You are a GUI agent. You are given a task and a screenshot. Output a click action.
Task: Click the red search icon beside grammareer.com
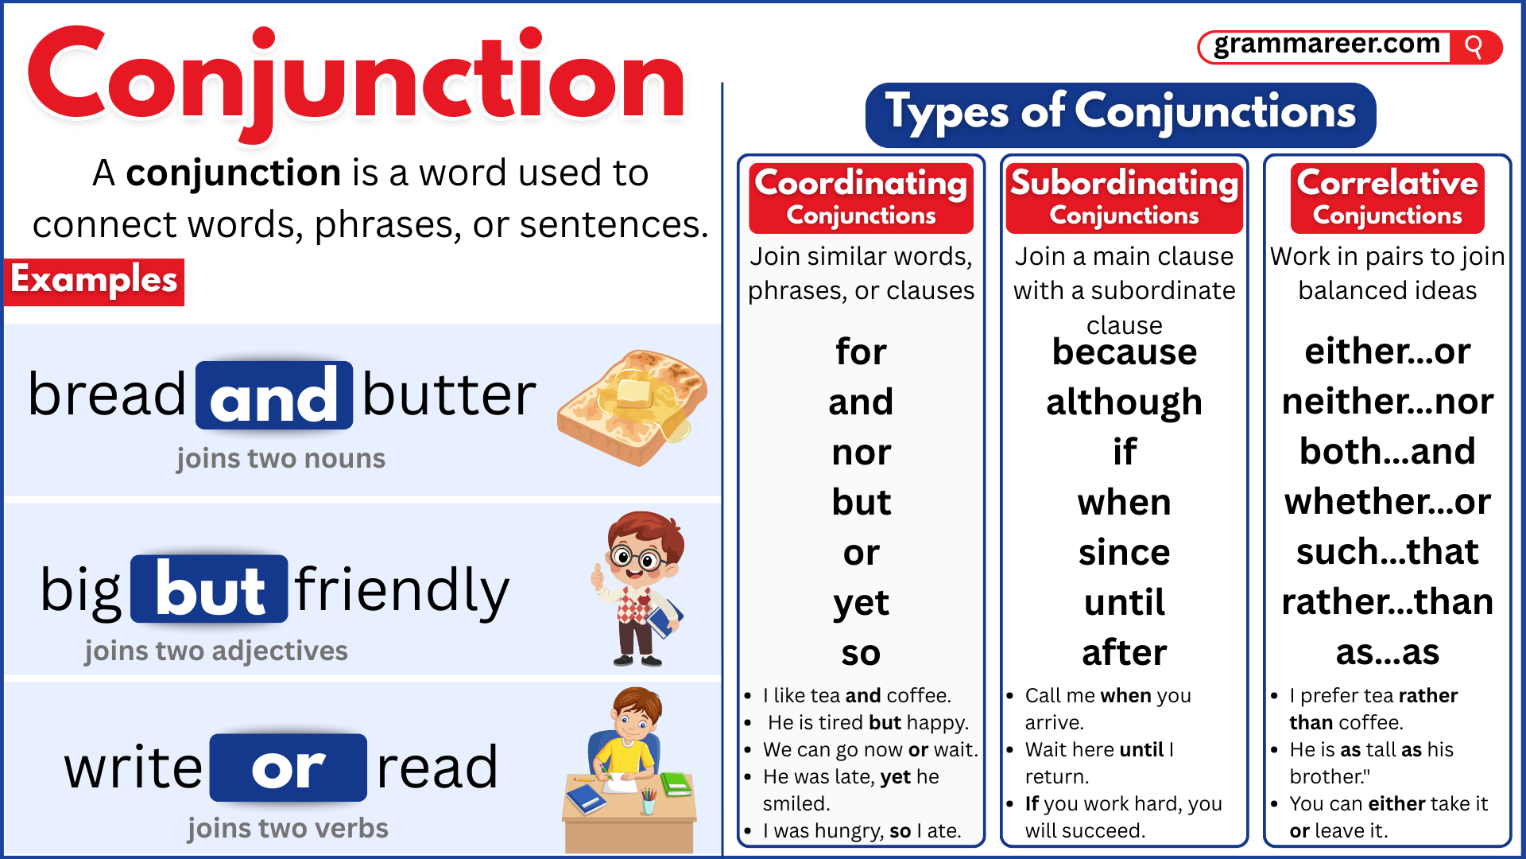click(1474, 47)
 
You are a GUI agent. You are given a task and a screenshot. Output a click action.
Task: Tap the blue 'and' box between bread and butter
click(274, 396)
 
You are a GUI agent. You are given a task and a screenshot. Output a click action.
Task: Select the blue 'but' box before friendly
click(209, 589)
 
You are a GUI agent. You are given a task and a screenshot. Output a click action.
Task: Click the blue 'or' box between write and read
click(288, 768)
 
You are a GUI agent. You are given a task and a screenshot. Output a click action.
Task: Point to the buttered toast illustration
click(632, 406)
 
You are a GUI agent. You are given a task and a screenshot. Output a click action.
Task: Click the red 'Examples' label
click(94, 281)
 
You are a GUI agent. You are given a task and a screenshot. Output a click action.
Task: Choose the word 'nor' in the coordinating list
click(861, 453)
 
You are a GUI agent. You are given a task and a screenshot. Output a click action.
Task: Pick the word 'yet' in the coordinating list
click(861, 604)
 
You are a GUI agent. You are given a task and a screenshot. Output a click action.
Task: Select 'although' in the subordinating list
click(1124, 402)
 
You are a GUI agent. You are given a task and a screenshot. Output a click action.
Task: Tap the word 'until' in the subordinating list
click(1124, 603)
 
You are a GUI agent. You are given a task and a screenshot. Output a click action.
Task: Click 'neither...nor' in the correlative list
click(1387, 402)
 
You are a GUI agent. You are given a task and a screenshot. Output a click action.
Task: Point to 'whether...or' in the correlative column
click(1387, 502)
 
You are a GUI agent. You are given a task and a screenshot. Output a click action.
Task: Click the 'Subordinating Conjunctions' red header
click(1124, 197)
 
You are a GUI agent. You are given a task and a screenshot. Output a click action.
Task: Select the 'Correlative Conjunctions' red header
click(1387, 197)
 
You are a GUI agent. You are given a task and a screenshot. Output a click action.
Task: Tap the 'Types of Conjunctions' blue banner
click(1120, 113)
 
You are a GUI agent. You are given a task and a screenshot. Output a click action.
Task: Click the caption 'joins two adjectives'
click(216, 651)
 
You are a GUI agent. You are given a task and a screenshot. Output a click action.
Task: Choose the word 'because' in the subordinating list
click(1124, 352)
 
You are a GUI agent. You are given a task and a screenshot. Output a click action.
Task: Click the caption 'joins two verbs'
click(288, 829)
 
